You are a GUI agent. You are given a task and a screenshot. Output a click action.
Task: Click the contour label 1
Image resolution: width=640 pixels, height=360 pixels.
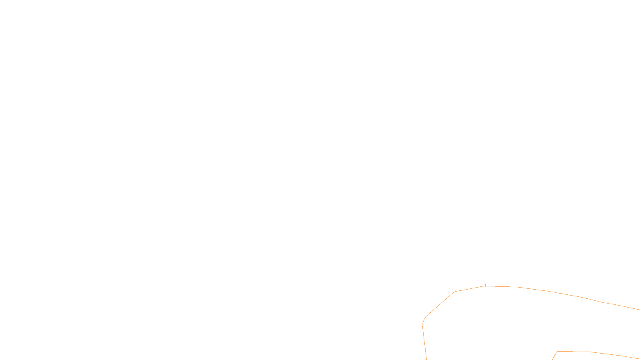pyautogui.click(x=485, y=286)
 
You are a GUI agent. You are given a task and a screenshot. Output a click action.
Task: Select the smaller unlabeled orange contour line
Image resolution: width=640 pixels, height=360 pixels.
pyautogui.click(x=592, y=352)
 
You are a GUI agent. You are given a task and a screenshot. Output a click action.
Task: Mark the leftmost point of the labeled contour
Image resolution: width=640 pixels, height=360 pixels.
pyautogui.click(x=422, y=324)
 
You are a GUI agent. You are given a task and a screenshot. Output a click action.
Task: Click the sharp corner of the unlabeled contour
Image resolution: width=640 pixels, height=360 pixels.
pyautogui.click(x=557, y=352)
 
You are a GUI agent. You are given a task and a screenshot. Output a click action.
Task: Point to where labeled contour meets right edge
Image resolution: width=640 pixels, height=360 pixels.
pyautogui.click(x=639, y=310)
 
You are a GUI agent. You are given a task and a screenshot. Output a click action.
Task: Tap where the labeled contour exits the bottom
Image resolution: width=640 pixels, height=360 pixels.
pyautogui.click(x=426, y=359)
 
